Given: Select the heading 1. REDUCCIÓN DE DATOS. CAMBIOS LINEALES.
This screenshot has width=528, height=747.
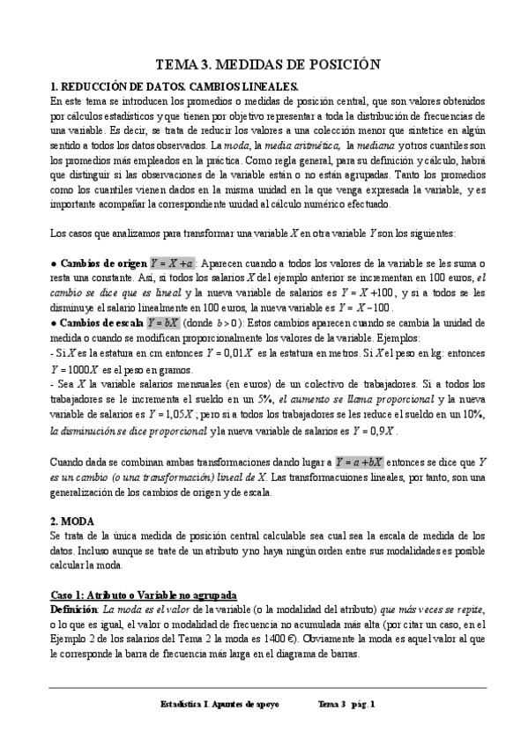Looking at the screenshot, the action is pos(175,87).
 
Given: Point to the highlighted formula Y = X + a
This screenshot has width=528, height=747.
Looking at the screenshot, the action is pos(173,263).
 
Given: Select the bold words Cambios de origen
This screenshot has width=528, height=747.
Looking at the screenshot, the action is pos(103,264).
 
